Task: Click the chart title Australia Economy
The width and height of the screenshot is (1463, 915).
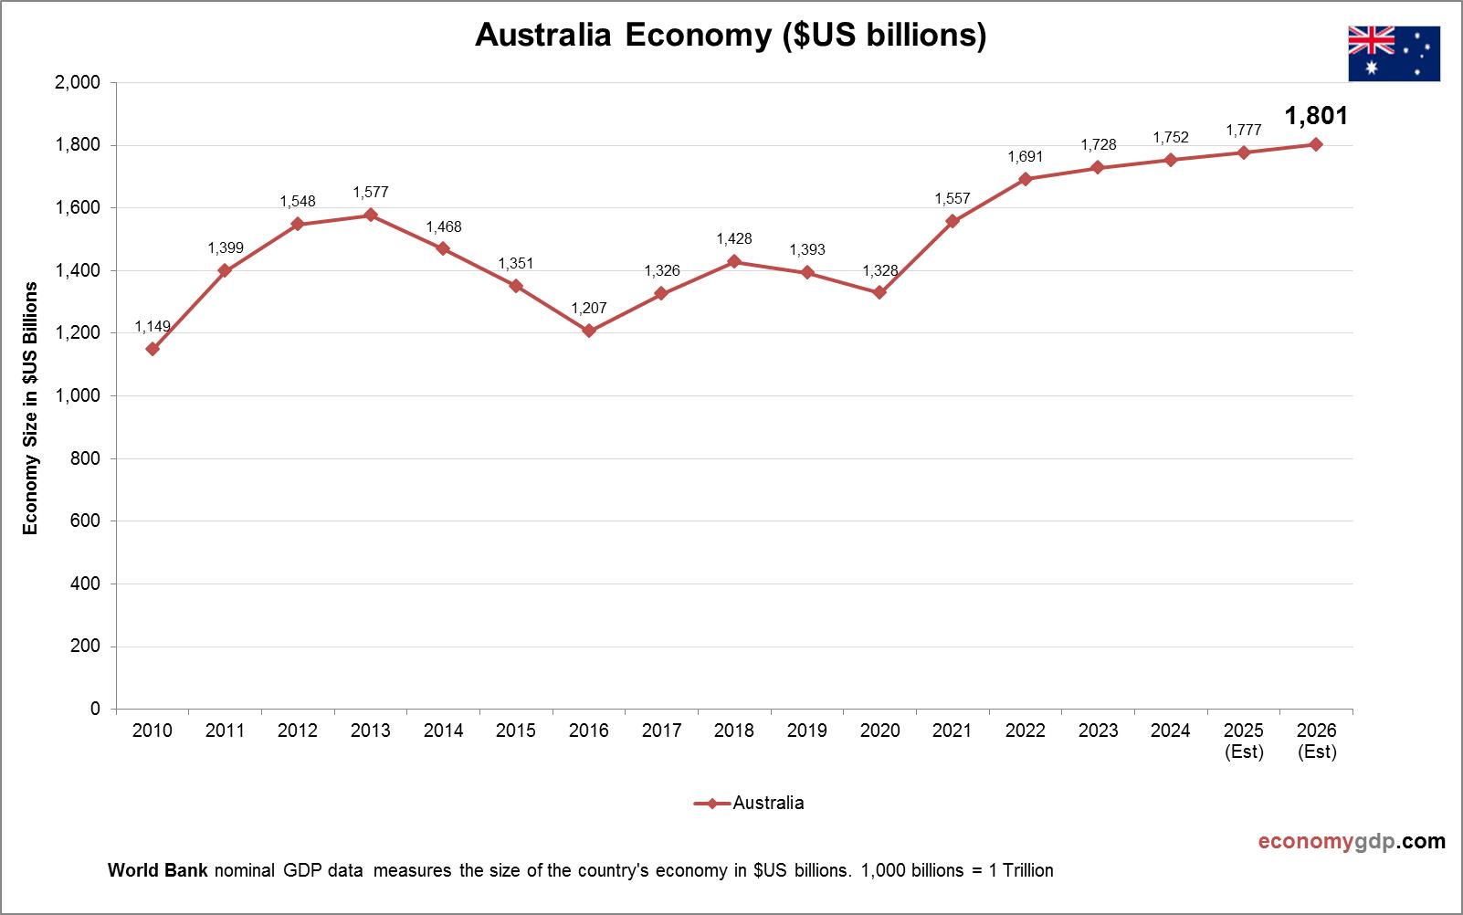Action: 731,35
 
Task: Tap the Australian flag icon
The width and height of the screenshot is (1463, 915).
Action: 1394,54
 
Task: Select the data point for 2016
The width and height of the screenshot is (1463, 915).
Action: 589,331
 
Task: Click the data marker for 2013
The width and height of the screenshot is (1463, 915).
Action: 371,215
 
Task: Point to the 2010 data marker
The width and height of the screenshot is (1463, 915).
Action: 153,349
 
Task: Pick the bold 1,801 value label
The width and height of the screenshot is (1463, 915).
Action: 1316,116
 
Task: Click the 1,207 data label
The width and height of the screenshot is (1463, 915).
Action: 589,309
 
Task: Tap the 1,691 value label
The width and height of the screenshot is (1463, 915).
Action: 1025,157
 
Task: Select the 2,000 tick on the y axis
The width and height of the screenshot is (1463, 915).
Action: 78,82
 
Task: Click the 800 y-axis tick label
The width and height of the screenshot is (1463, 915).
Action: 85,458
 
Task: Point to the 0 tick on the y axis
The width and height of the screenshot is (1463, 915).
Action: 95,709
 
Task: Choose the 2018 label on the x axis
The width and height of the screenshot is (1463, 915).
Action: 734,731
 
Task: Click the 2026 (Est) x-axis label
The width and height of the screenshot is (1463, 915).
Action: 1316,741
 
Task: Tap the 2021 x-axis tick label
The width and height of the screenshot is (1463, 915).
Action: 953,731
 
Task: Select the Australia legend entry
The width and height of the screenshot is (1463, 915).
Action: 750,803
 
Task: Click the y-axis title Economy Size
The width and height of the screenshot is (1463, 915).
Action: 31,408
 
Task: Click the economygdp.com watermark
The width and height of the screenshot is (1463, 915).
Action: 1352,841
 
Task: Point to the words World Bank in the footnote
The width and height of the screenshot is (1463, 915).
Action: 158,870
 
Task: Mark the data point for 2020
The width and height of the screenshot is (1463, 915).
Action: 879,292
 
